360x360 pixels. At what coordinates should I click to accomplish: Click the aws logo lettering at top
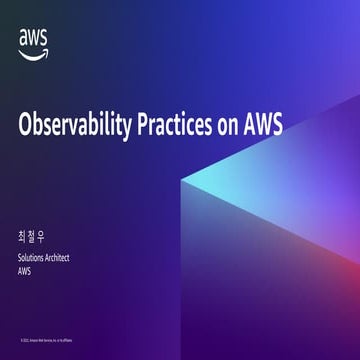coord(32,37)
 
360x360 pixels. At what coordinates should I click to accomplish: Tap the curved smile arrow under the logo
coord(32,50)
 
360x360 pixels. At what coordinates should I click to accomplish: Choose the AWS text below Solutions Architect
coord(26,270)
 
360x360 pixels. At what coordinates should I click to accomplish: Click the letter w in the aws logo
coord(32,37)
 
